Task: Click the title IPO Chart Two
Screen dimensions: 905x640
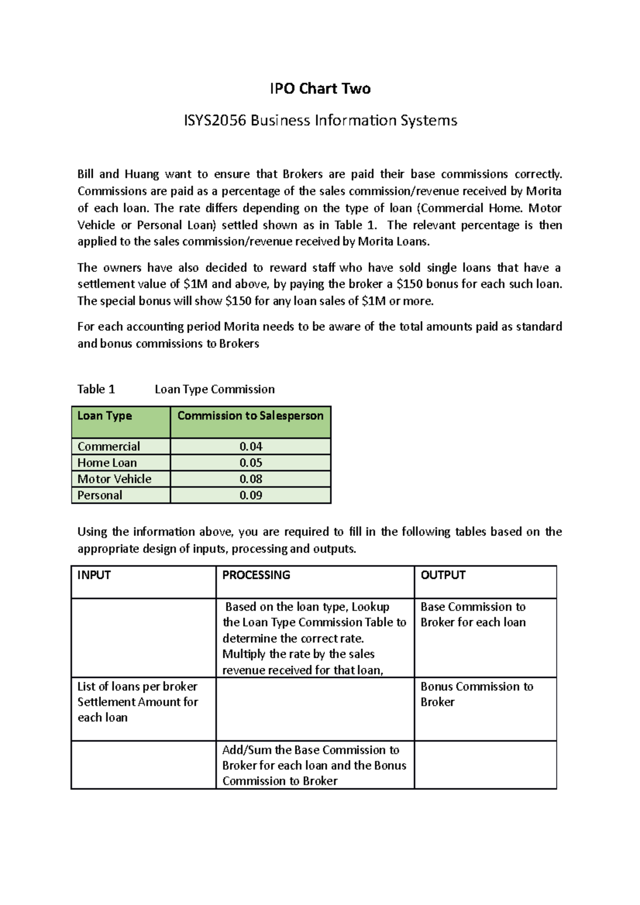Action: pos(320,88)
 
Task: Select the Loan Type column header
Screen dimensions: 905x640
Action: pos(105,416)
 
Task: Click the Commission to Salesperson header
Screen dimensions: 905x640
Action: pos(250,416)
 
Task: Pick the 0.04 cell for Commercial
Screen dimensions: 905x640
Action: pos(251,447)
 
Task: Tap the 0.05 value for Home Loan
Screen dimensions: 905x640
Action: pos(251,463)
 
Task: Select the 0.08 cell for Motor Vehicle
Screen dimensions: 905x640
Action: pos(251,479)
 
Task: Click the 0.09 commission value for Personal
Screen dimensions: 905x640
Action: pos(251,495)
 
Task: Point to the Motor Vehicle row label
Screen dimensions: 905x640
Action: pos(114,479)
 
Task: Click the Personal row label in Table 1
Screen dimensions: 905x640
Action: pos(100,495)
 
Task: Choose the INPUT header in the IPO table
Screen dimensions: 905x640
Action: pos(94,575)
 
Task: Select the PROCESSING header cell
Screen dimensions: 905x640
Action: pos(256,575)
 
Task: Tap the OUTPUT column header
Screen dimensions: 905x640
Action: pos(443,575)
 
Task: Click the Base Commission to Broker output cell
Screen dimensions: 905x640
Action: pos(473,615)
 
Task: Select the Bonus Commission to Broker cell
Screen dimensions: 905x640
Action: pos(476,694)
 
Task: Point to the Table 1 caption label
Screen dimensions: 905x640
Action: pos(96,389)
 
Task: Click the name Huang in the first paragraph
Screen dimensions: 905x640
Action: pos(141,174)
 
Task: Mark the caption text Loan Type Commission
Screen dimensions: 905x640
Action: pos(214,389)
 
